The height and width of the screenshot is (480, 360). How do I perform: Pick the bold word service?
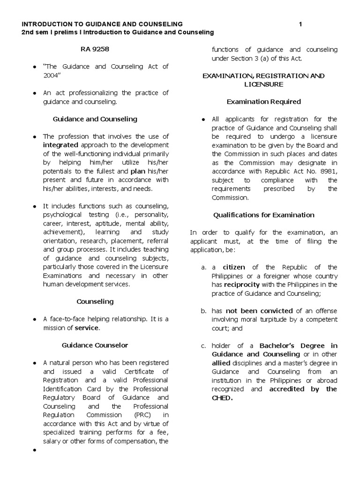point(87,328)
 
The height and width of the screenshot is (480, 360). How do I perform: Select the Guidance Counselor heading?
point(95,345)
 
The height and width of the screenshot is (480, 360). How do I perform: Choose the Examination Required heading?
point(263,102)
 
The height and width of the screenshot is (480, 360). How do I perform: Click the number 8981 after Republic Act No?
point(327,171)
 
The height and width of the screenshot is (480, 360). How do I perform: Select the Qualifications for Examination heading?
point(263,215)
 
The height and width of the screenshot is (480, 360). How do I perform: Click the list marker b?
point(203,311)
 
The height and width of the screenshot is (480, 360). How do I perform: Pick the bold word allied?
point(222,363)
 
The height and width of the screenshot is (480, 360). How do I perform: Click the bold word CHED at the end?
point(222,398)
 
